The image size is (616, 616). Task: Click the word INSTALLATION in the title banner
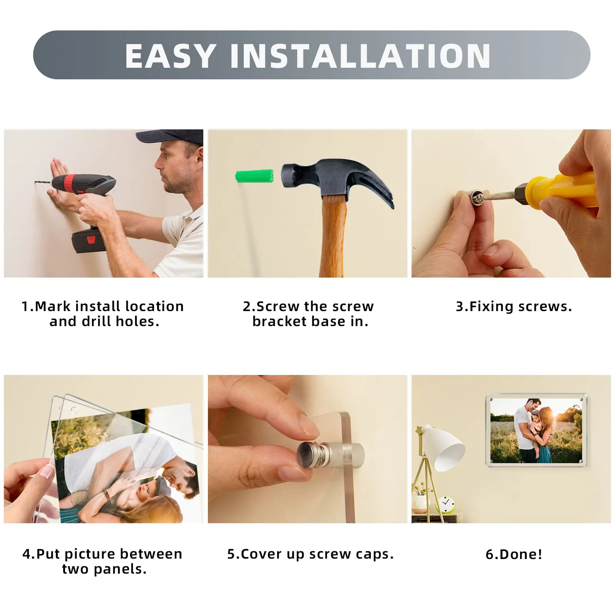360,56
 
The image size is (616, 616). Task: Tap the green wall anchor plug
254,176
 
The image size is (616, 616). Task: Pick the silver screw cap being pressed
311,454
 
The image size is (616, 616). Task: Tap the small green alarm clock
445,504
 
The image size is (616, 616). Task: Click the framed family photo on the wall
537,430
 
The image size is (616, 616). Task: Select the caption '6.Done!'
514,554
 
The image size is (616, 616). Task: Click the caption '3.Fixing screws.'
514,306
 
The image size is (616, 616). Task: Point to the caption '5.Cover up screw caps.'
310,554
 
